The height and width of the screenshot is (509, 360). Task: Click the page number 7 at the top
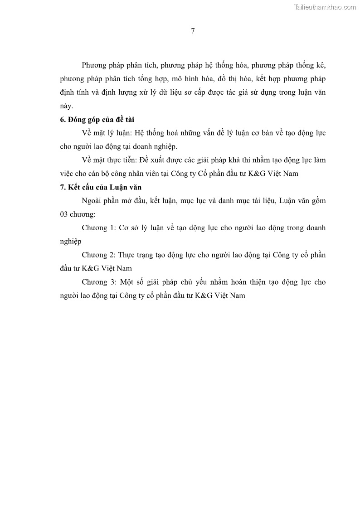point(193,31)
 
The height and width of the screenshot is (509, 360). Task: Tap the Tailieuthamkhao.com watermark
point(325,7)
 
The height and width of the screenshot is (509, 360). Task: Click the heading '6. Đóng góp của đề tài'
point(97,120)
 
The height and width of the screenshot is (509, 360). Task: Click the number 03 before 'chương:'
point(64,214)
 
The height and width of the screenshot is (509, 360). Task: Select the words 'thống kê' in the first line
point(312,65)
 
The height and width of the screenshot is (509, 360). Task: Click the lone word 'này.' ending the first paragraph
point(66,106)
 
